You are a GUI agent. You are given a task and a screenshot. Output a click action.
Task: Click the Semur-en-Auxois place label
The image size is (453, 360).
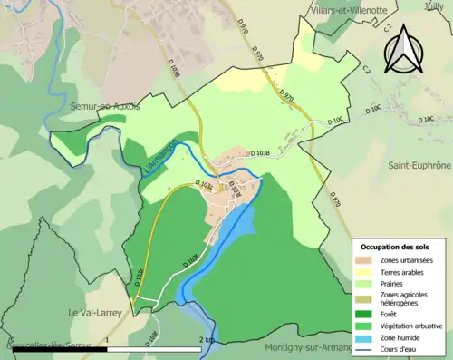[x=105, y=106]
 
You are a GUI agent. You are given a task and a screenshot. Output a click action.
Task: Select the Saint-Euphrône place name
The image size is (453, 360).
[x=419, y=166]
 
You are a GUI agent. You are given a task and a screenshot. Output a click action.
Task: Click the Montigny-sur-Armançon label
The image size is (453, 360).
[x=317, y=348]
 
